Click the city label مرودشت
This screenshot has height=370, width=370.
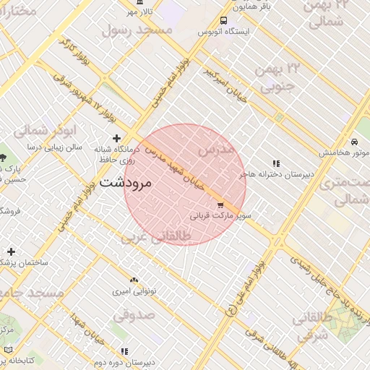[126, 182]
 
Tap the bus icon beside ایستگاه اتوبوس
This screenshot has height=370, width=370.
[223, 21]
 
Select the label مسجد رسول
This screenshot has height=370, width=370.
[137, 30]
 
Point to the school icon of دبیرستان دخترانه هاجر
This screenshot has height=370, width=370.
[276, 163]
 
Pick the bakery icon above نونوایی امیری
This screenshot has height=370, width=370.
[133, 280]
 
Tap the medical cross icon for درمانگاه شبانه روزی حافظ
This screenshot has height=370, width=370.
[116, 137]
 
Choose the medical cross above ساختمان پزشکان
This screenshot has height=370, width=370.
[11, 251]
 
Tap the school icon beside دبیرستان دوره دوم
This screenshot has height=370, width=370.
[124, 351]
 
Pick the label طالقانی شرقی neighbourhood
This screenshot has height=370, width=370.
[313, 327]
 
